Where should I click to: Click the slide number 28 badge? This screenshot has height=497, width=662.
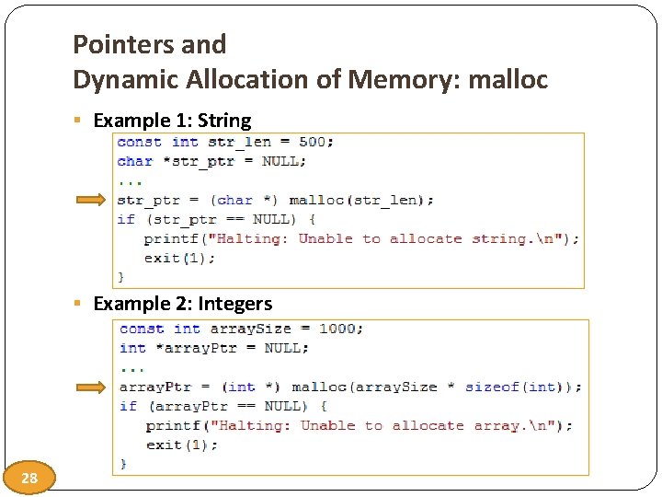tap(30, 478)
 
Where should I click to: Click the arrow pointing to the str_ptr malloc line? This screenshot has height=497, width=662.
tap(91, 200)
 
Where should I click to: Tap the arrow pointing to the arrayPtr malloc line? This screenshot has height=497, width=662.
tap(93, 387)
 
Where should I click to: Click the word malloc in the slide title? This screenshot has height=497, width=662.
tap(508, 80)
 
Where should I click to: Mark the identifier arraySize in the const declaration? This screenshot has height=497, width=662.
tap(250, 329)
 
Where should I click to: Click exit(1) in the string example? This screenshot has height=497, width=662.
tap(179, 258)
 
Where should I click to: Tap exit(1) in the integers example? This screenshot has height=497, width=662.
tap(181, 445)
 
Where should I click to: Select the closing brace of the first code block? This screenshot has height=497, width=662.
tap(121, 276)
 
